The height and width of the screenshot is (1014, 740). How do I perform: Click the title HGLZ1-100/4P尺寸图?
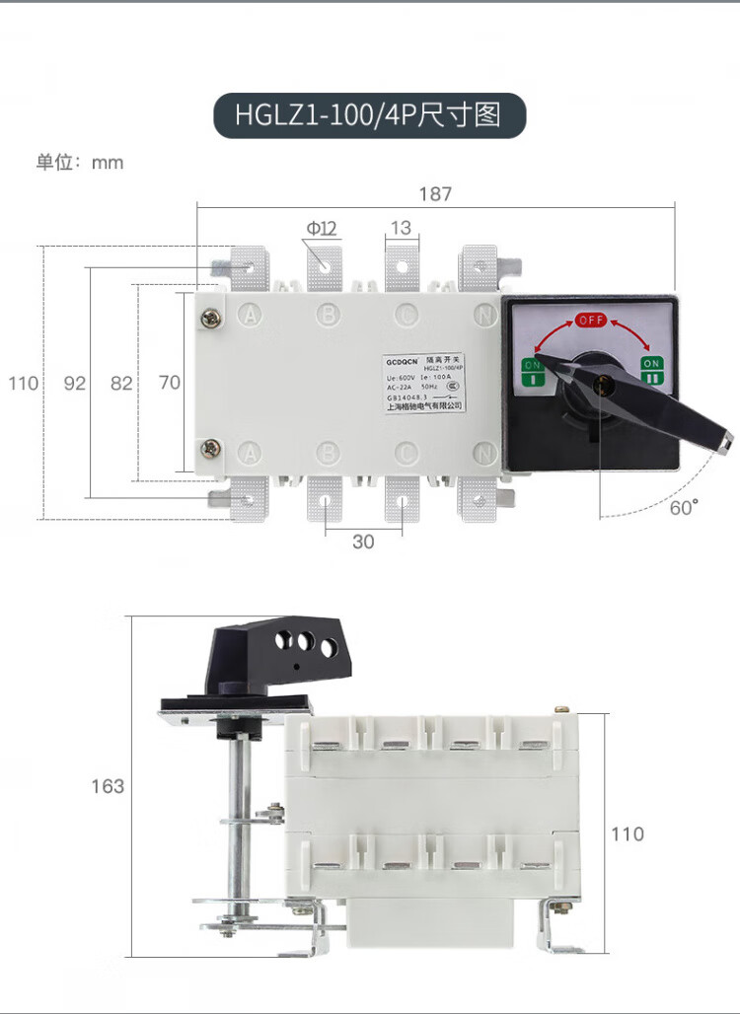[x=368, y=114]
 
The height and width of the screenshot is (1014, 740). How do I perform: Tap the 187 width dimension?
[x=435, y=194]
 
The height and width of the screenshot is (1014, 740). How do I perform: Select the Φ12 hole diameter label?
[x=322, y=229]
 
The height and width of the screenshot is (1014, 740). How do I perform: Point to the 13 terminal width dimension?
[x=400, y=229]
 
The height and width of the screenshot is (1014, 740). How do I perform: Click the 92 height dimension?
[x=75, y=384]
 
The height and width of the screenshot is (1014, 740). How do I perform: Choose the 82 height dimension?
[x=121, y=384]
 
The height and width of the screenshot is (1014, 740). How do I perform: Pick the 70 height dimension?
[x=170, y=383]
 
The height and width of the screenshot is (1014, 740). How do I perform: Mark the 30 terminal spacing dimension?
[x=363, y=542]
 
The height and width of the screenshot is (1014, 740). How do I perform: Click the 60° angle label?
[x=683, y=508]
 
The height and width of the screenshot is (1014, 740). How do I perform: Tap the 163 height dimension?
[x=108, y=786]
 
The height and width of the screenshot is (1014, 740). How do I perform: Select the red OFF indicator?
[x=591, y=320]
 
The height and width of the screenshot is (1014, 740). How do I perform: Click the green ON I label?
[x=533, y=372]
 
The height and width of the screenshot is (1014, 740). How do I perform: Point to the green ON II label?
[x=651, y=371]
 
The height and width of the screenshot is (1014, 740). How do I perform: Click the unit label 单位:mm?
[x=80, y=163]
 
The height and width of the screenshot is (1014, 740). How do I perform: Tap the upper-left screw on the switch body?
[x=209, y=318]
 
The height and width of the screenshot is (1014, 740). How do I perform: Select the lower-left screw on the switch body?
[x=209, y=449]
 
